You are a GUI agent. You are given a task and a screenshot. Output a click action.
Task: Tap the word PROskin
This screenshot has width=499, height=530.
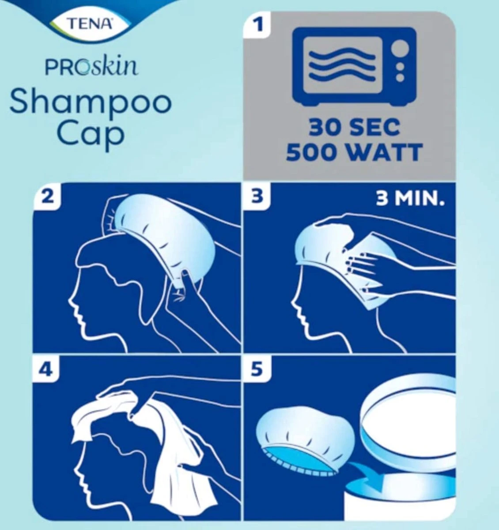point(91,67)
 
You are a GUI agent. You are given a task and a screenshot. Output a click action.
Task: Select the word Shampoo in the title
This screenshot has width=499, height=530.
point(90,102)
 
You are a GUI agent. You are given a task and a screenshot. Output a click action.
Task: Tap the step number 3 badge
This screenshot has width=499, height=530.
point(257,196)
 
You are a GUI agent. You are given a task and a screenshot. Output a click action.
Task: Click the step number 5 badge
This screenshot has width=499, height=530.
point(257,369)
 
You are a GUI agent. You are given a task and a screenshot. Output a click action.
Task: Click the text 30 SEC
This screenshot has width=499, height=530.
point(354,128)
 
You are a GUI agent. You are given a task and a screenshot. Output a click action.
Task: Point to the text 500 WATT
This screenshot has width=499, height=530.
point(353,153)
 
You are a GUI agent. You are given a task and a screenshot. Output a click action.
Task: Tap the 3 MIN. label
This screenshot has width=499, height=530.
point(409,200)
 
